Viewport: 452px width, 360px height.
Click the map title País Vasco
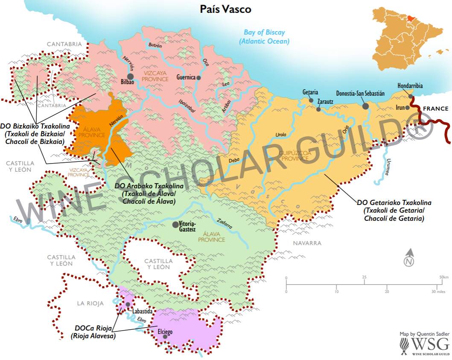[x=226, y=9]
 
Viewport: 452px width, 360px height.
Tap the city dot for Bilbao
[x=131, y=76]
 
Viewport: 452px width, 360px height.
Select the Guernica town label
[x=186, y=77]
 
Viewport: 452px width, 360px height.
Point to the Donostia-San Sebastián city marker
[x=365, y=105]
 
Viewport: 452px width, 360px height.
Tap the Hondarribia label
[x=410, y=85]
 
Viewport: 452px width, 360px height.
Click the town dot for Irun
[x=408, y=108]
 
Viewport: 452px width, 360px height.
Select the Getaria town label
[x=310, y=92]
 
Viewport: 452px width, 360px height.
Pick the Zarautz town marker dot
[x=318, y=109]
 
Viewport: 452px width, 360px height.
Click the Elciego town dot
[x=165, y=337]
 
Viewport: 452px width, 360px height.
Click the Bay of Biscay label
[x=264, y=37]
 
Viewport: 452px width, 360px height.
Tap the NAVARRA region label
[x=307, y=243]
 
